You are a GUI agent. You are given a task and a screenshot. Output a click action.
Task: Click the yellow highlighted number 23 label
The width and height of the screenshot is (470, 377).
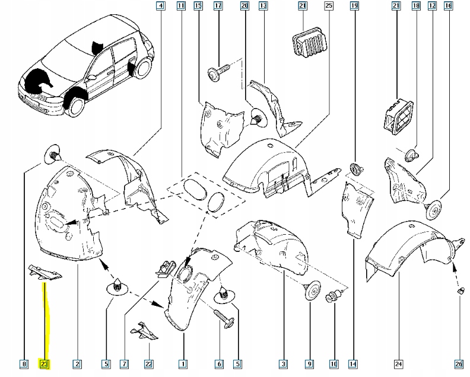click(x=44, y=364)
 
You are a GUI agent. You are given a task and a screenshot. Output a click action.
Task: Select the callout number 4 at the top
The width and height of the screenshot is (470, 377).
click(x=161, y=5)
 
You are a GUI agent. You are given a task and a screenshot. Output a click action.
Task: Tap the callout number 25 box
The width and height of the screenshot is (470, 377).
click(x=329, y=5)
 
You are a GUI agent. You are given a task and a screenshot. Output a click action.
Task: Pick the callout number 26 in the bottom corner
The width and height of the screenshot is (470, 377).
click(x=459, y=364)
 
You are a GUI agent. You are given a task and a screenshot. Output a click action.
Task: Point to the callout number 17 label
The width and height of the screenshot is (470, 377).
click(x=218, y=5)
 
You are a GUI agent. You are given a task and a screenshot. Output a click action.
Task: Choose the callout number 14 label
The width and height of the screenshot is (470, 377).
click(x=353, y=364)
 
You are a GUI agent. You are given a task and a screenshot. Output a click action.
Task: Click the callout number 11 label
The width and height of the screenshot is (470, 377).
click(x=181, y=5)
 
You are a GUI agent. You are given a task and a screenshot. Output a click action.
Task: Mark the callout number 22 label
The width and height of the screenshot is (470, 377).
click(x=149, y=364)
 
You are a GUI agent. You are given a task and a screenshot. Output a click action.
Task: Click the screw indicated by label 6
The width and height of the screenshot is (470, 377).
click(x=222, y=320)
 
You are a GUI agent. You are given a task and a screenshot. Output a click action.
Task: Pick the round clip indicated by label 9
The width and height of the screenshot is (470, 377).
click(x=312, y=290)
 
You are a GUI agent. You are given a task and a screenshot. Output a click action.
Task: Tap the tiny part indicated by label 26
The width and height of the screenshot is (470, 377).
click(x=461, y=291)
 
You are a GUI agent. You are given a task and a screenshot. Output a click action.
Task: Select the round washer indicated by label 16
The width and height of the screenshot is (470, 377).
click(x=432, y=210)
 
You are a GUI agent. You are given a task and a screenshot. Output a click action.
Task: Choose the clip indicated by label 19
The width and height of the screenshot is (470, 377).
click(x=357, y=169)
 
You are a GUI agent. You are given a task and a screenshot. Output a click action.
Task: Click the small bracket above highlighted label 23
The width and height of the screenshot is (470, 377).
click(x=45, y=272)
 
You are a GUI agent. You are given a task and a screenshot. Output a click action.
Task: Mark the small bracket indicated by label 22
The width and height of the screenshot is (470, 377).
click(x=144, y=331)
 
